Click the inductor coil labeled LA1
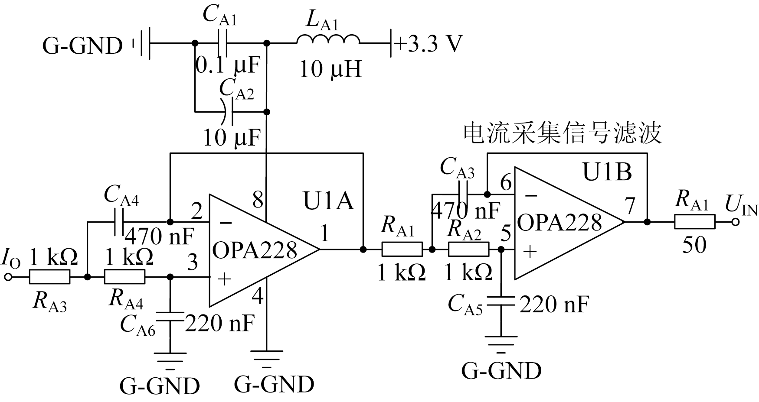(x=328, y=40)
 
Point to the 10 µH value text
(x=330, y=69)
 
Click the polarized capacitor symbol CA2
(x=228, y=112)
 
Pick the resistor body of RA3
(x=49, y=277)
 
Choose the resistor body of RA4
(x=125, y=277)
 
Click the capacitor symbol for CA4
(x=119, y=223)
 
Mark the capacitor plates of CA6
(x=170, y=317)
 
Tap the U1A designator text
(x=328, y=202)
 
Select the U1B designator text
(x=607, y=172)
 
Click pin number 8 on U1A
(x=258, y=200)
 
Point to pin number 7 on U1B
(x=630, y=206)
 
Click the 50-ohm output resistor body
(x=694, y=222)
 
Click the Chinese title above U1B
(x=562, y=134)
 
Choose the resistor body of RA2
(x=468, y=250)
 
